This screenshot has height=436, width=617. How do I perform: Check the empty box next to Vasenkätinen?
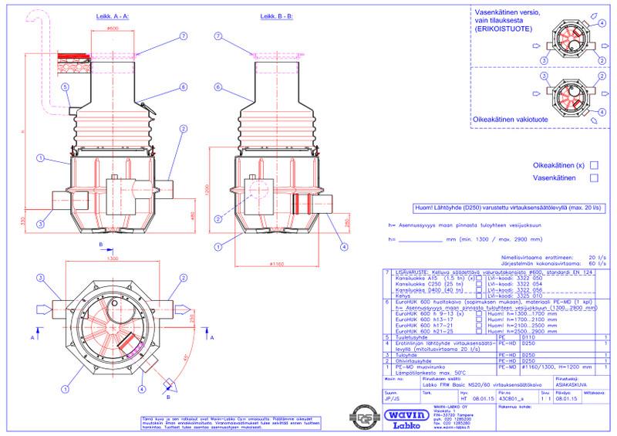pos(593,177)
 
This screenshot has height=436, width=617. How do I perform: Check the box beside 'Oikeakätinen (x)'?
pos(593,164)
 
